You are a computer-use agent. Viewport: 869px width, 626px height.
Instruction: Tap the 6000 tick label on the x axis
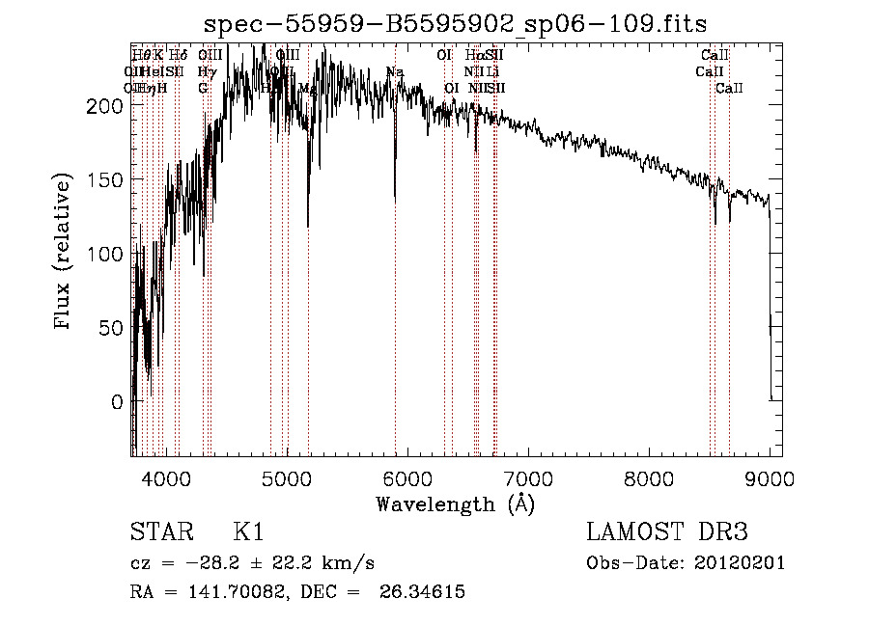coord(407,477)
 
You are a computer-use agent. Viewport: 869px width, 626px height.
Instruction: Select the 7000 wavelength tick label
coord(528,477)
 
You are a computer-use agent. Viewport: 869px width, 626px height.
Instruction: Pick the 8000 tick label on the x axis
coord(649,477)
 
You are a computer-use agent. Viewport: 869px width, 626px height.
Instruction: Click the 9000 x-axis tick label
coord(770,477)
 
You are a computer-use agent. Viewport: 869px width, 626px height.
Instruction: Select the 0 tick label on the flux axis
coord(115,401)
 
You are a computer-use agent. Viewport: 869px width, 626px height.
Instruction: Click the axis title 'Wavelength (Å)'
coord(455,504)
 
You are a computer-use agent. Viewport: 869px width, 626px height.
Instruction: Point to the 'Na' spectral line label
coord(394,71)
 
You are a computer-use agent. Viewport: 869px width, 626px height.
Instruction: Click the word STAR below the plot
coord(157,532)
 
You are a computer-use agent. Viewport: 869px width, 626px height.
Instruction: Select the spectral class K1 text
coord(248,532)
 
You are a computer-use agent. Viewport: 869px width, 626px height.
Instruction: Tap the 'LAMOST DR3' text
coord(667,532)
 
